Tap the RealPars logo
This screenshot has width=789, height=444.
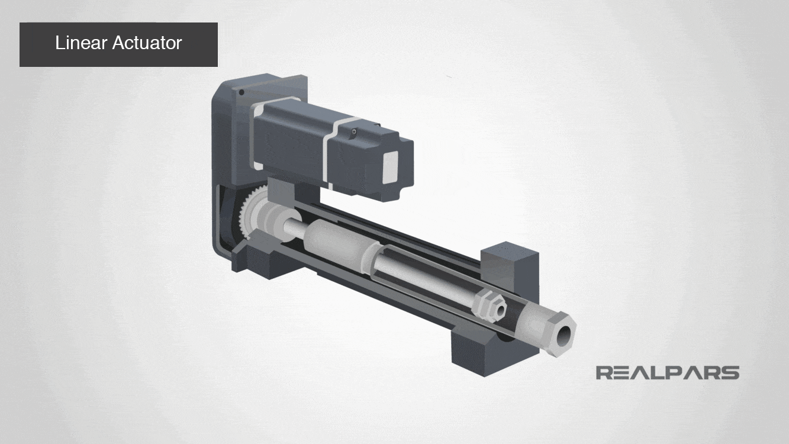point(667,372)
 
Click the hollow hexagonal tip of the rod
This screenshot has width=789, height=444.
point(563,335)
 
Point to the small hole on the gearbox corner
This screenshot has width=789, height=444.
point(241,92)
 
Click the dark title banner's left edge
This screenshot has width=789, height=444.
point(22,44)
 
